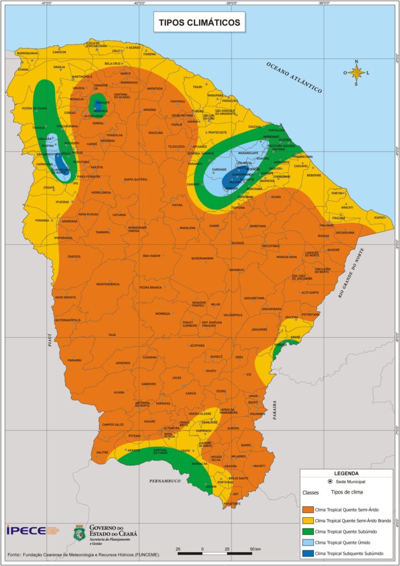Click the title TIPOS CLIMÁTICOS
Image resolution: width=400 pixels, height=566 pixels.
click(x=199, y=23)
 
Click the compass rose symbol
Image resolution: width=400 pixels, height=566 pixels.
click(x=357, y=72)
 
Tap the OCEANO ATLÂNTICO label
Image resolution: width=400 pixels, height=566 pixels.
click(x=293, y=77)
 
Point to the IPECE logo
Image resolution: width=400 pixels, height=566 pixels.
click(x=26, y=530)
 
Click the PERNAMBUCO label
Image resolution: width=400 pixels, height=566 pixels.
click(x=165, y=481)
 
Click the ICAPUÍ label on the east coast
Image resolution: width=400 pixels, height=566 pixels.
click(x=379, y=217)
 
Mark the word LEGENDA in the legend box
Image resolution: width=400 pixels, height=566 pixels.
click(x=346, y=473)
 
